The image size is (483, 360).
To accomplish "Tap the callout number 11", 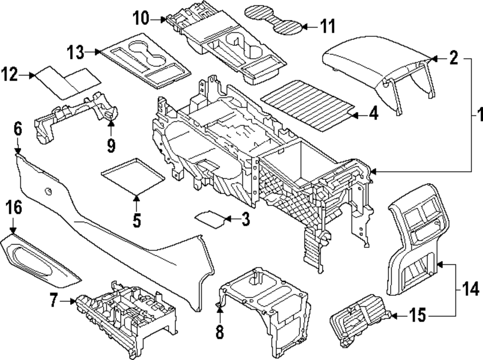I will pos(328,26).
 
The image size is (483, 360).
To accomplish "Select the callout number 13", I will pos(76,51).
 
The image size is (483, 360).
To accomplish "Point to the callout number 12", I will pos(10,75).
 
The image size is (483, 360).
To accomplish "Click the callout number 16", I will pos(14,208).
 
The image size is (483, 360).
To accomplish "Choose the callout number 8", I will pos(220,333).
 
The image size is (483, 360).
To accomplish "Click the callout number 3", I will pos(245,220).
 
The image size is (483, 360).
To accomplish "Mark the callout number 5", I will pos(137,220).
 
